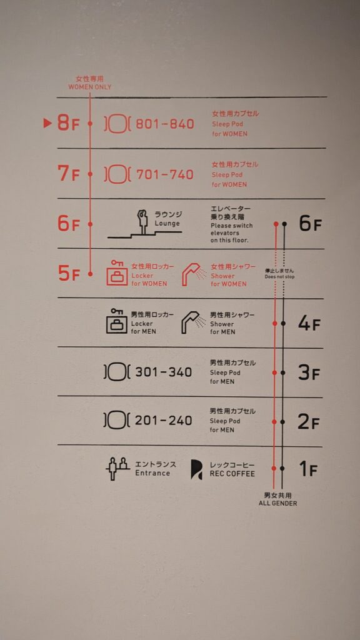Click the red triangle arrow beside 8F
point(47,123)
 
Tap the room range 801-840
point(164,124)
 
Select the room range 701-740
point(164,175)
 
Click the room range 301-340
point(163,372)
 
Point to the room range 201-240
point(163,421)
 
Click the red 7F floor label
point(68,173)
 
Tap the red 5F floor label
point(69,273)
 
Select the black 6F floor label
point(310,224)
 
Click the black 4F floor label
point(309,324)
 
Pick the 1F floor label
point(308,469)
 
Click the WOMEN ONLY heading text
point(90,87)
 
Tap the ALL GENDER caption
point(277,503)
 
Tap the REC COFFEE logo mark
point(196,469)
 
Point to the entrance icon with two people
point(117,469)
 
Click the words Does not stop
point(279,277)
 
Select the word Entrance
point(152,473)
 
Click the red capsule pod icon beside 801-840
point(117,124)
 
